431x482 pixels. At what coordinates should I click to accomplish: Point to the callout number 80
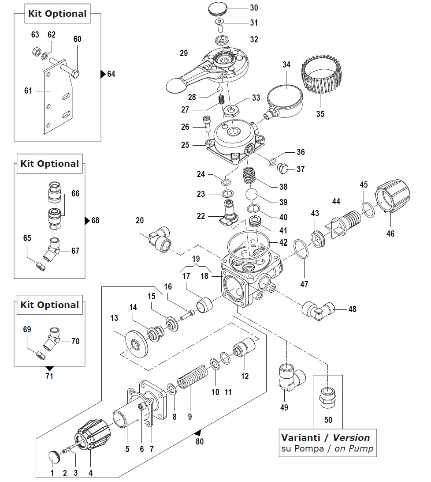coord(200,441)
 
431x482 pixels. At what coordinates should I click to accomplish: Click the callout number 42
coord(283,242)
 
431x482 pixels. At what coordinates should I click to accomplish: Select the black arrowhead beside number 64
coord(103,74)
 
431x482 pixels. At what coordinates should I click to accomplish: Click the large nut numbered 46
coord(393,196)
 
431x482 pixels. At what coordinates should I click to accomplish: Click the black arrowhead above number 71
coord(49,369)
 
